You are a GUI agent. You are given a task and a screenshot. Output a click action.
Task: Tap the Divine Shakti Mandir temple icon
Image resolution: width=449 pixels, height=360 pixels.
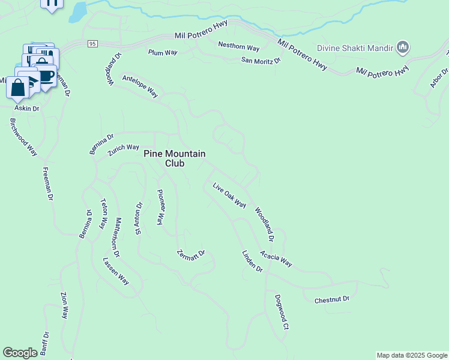403,47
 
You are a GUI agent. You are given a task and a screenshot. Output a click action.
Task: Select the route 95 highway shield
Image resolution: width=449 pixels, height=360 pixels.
92,44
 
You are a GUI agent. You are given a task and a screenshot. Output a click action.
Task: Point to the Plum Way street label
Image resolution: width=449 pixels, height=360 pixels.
163,53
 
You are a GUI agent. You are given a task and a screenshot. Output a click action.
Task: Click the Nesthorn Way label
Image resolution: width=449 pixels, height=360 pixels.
238,46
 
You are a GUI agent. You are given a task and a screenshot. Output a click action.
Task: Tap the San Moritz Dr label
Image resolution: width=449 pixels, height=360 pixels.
261,61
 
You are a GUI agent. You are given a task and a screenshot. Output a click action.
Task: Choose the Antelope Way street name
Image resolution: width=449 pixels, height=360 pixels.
140,86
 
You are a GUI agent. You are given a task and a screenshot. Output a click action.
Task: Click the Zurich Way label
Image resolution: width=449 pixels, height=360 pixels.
124,149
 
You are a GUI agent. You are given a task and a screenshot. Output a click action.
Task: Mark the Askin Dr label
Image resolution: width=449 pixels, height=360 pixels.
27,109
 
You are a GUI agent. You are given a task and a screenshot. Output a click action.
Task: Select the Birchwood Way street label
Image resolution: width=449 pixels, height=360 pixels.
23,137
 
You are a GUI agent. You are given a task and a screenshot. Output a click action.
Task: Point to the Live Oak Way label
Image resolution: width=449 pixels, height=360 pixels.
229,195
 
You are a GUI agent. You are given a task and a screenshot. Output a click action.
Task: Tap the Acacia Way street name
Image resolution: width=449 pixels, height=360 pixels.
276,259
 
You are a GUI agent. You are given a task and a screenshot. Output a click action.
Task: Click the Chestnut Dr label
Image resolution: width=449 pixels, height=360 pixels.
331,299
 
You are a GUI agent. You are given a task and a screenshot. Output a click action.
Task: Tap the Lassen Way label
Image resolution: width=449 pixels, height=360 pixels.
116,271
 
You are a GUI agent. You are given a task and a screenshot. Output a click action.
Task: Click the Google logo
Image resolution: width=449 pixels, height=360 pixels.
20,353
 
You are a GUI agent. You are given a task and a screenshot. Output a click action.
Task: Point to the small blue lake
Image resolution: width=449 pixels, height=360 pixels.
78,11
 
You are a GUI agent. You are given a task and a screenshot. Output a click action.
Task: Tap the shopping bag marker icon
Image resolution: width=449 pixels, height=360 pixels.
17,88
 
